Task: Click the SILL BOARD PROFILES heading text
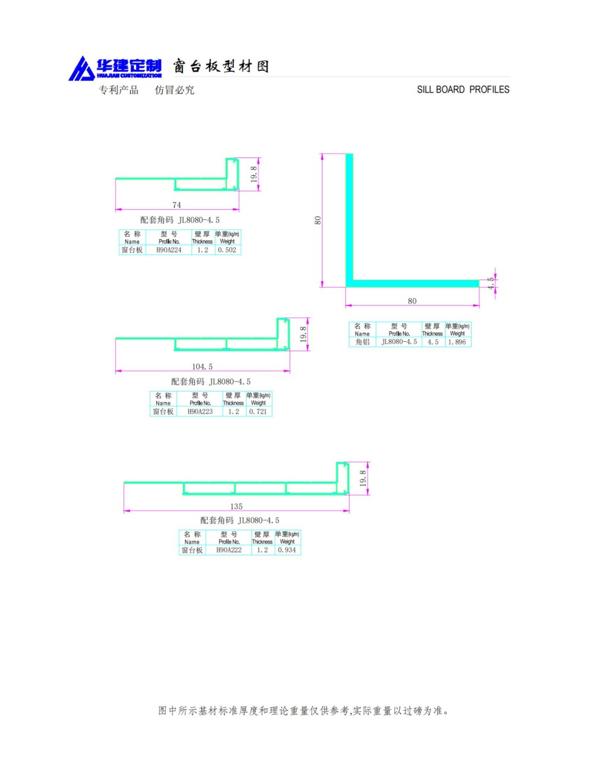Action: pos(463,90)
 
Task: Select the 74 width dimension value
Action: pos(176,205)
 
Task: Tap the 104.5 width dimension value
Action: pos(202,367)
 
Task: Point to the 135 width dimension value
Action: pos(236,506)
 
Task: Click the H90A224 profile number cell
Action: pos(169,250)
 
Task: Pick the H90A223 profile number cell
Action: pos(200,412)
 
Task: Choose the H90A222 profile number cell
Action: pos(229,550)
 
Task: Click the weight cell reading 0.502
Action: pos(228,250)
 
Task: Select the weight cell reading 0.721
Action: pos(259,412)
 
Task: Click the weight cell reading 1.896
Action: pos(457,342)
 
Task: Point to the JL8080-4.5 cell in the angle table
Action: pos(399,342)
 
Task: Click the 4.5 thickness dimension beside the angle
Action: pos(491,283)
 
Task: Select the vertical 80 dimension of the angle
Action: pos(318,220)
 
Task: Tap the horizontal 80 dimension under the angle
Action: pos(412,301)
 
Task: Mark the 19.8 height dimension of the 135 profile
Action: pos(363,478)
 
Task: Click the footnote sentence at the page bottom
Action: pos(304,711)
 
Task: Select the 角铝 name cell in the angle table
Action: pos(362,342)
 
